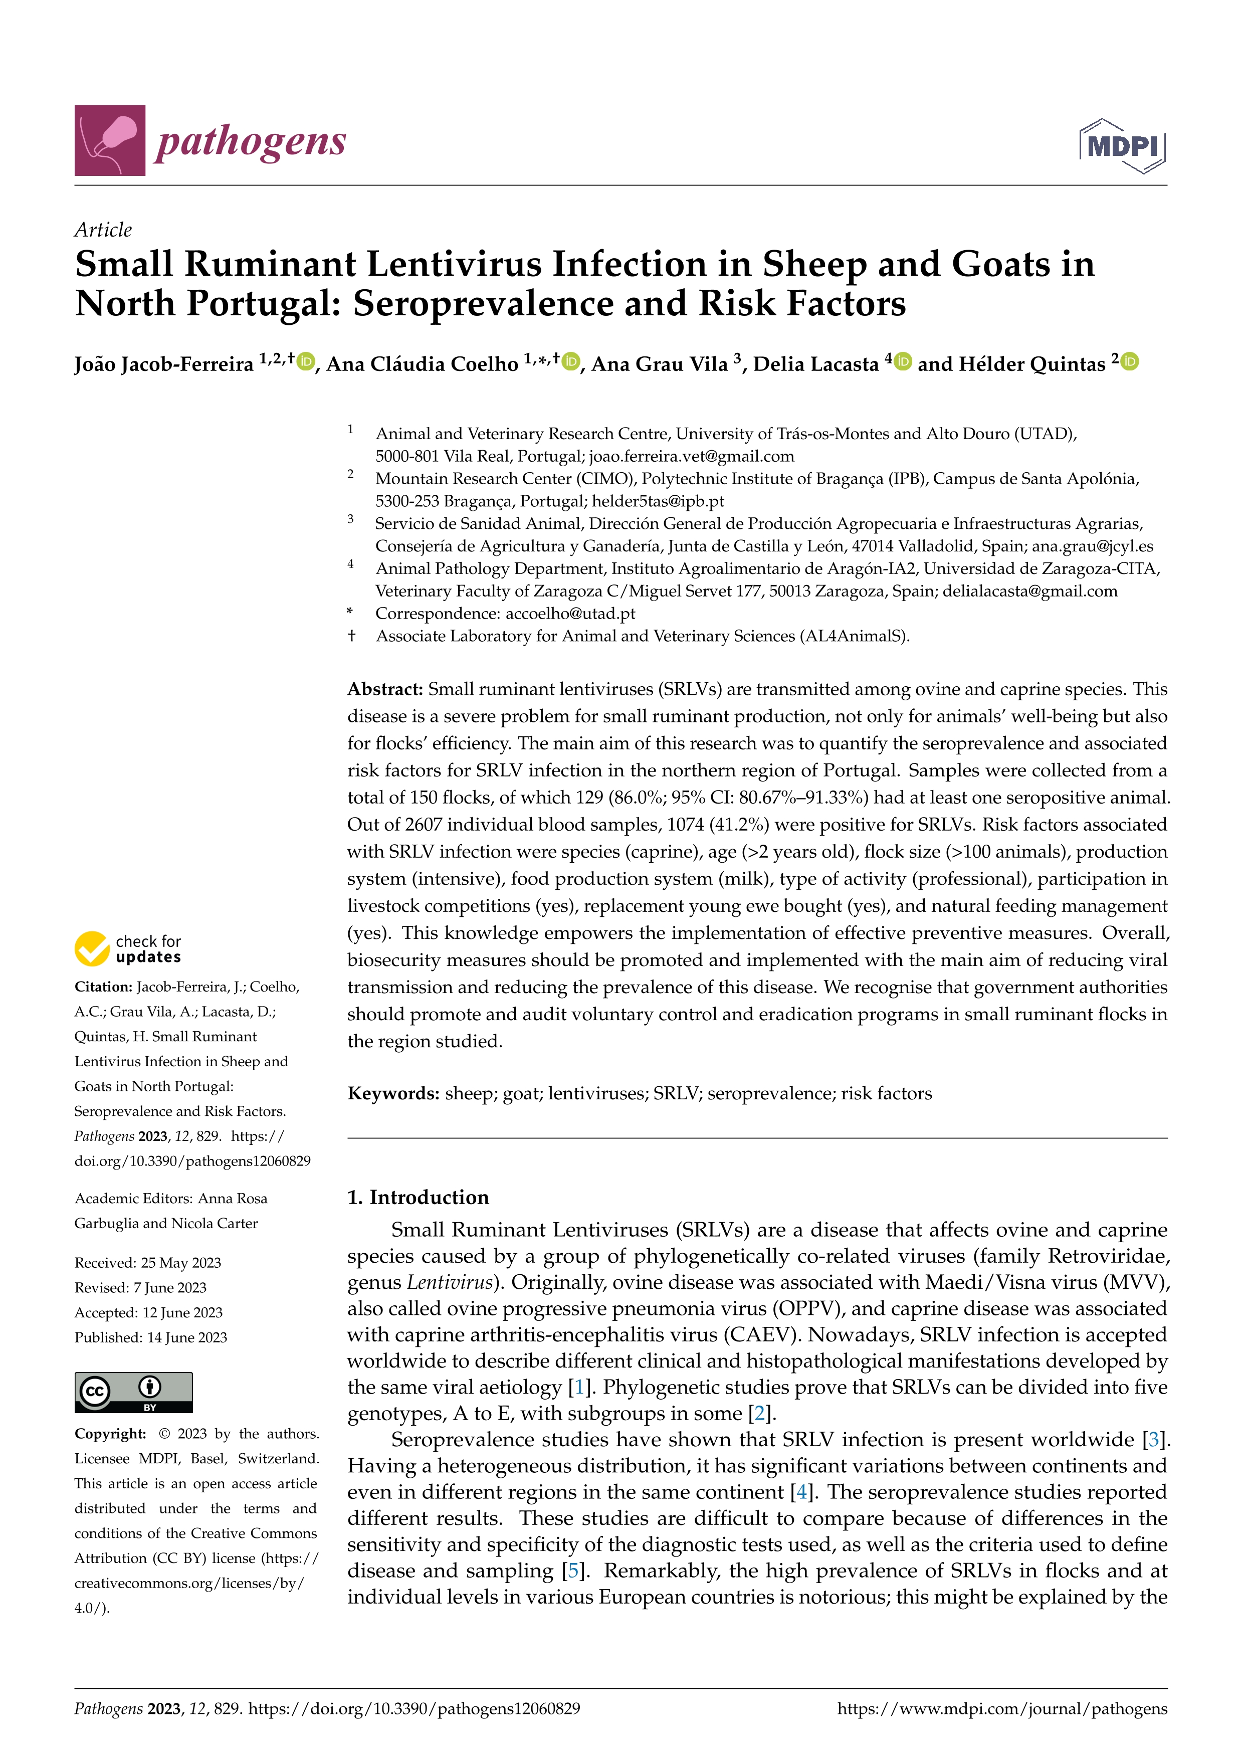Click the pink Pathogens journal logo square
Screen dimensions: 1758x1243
coord(109,140)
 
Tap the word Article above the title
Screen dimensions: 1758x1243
coord(103,230)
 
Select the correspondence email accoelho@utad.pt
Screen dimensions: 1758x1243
coord(570,613)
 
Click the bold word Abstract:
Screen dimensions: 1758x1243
coord(385,689)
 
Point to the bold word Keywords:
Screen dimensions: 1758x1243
coord(392,1093)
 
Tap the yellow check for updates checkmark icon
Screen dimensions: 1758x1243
coord(92,948)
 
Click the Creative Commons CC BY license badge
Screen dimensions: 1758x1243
coord(133,1392)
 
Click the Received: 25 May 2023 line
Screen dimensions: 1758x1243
coord(148,1263)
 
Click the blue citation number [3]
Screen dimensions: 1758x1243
coord(1153,1440)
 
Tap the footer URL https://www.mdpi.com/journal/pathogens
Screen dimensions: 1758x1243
coord(1002,1708)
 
